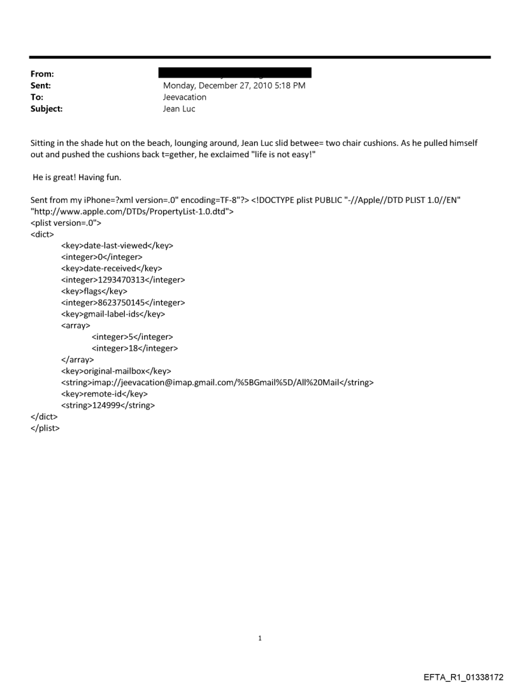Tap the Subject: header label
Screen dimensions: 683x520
point(46,109)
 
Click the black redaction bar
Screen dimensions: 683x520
point(237,73)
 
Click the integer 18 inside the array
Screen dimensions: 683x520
point(134,348)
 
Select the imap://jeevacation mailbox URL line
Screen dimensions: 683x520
point(217,383)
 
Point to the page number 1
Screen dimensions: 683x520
point(260,638)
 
